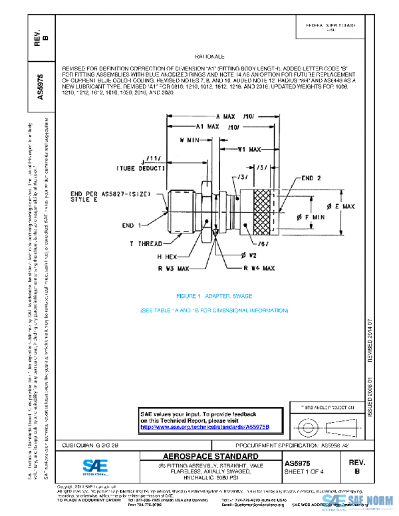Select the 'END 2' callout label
(x=312, y=178)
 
